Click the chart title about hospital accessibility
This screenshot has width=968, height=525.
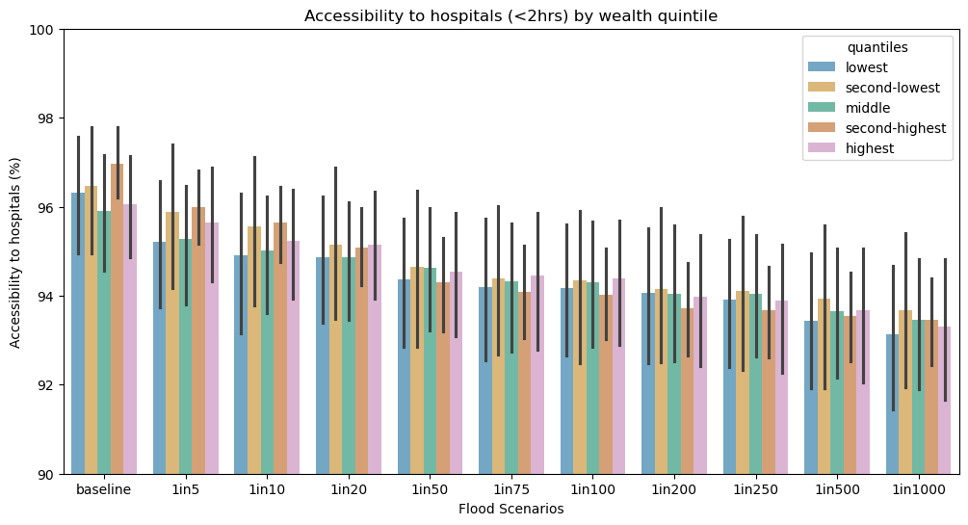tap(510, 15)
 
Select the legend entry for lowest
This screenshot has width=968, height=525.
tap(866, 67)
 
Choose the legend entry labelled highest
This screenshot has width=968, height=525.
tap(870, 148)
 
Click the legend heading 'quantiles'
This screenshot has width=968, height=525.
tap(877, 47)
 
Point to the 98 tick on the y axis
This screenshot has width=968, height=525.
tap(47, 118)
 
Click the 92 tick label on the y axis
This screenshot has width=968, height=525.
tap(47, 385)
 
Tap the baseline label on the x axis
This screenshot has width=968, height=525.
tap(104, 490)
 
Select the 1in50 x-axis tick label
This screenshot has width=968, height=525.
tap(430, 490)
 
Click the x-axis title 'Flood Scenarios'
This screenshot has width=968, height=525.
tap(510, 509)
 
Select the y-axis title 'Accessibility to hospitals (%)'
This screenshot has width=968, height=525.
tap(15, 251)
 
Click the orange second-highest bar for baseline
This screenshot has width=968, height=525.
tap(118, 318)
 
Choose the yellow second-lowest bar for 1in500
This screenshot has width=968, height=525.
tap(824, 385)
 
